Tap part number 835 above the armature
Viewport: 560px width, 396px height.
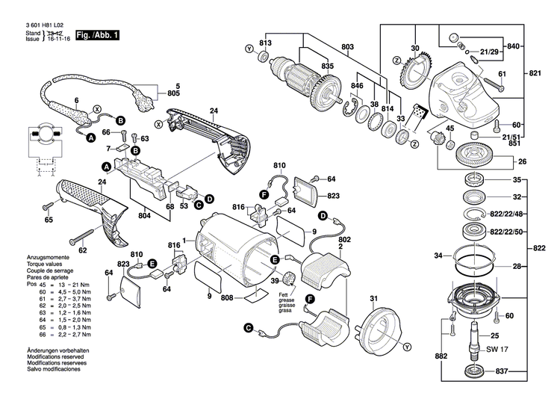click(327, 66)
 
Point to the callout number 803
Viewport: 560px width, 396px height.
click(348, 47)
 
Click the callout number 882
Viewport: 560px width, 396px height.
click(443, 358)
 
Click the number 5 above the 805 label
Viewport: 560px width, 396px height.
click(177, 86)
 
